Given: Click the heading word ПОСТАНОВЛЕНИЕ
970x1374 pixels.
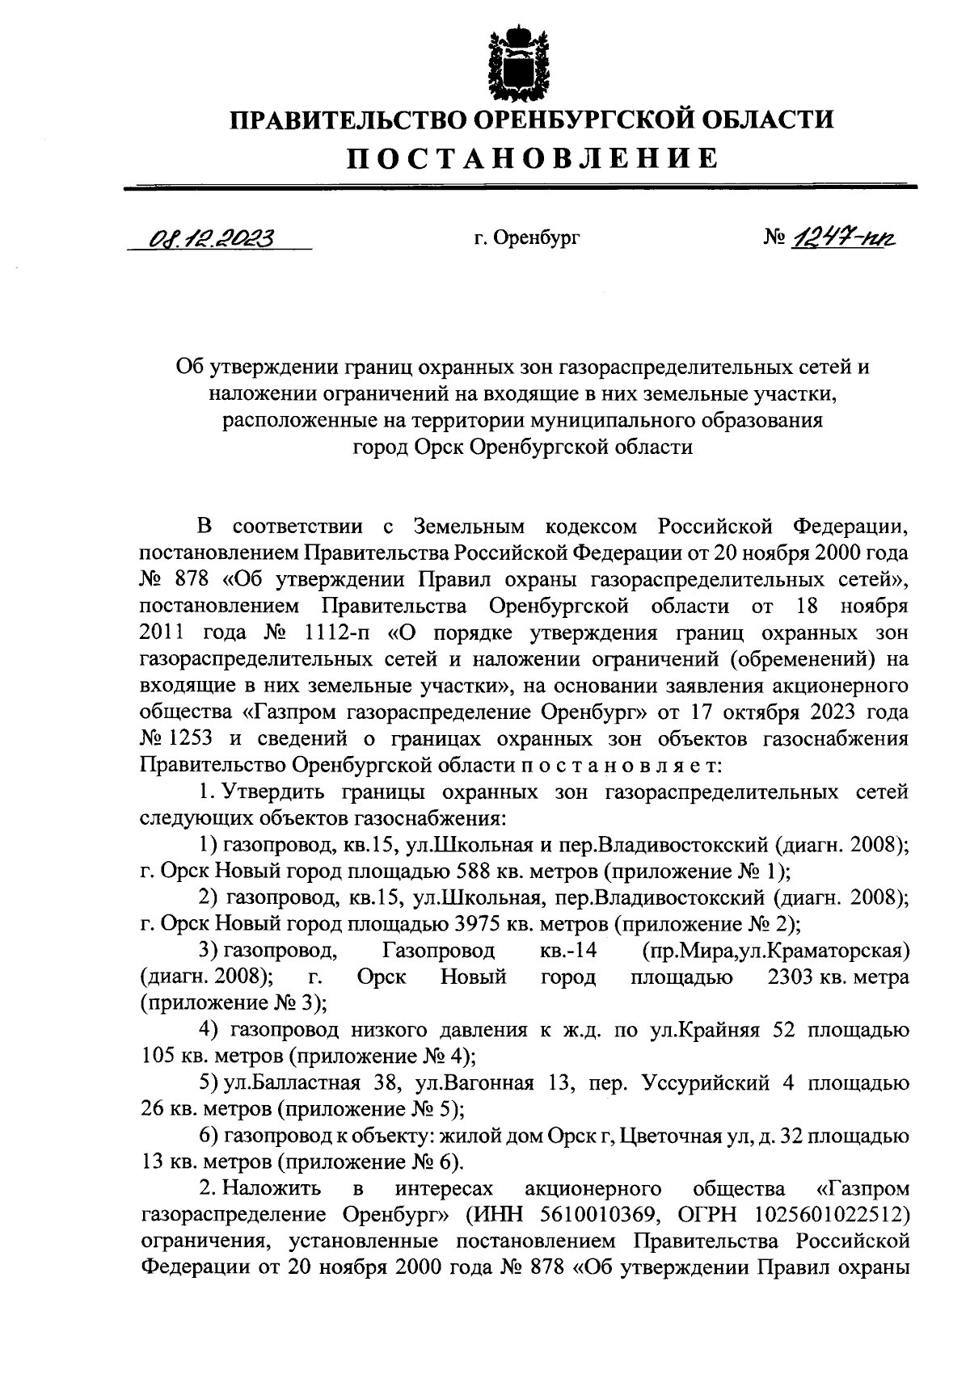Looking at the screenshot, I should (x=533, y=158).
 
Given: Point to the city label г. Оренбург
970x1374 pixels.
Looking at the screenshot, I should (x=527, y=238).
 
